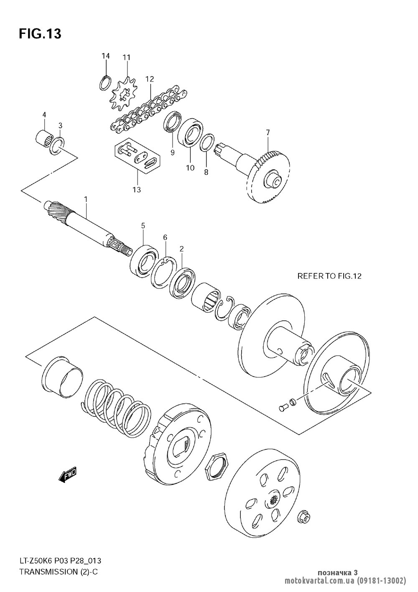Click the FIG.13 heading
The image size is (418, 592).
point(40,34)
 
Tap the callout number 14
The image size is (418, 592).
point(105,56)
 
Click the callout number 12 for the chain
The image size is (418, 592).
point(150,79)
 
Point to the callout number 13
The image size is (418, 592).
point(137,190)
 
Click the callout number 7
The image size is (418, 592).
point(268,133)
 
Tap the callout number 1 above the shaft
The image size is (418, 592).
point(86,199)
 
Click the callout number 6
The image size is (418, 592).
point(165,237)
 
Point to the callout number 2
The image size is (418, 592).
point(181,249)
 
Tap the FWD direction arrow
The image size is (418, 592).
point(67,475)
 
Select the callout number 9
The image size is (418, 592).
point(172,153)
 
